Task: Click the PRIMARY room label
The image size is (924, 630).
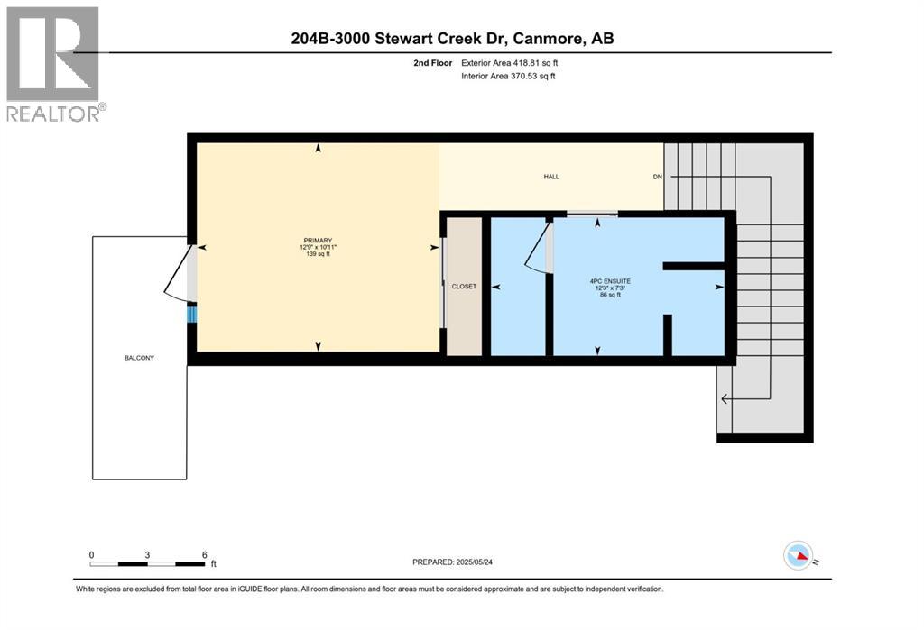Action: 318,241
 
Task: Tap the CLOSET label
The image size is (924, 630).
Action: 464,286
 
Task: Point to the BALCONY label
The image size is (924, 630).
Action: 139,358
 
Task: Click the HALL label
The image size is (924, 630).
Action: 551,177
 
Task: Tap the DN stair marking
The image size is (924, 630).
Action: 658,177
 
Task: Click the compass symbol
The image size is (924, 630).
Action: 799,556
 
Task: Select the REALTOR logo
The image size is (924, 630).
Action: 53,64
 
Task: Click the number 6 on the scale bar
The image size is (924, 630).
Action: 205,554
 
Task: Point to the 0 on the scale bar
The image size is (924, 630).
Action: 91,554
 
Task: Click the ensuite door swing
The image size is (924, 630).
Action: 536,247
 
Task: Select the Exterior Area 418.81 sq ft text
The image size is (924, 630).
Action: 509,63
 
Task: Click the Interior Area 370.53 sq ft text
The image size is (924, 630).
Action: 508,76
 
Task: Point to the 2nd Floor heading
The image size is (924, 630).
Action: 432,63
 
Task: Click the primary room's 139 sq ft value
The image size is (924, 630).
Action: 318,254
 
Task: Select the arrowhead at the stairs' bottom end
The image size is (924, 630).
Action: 725,399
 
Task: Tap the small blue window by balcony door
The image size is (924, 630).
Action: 191,313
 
